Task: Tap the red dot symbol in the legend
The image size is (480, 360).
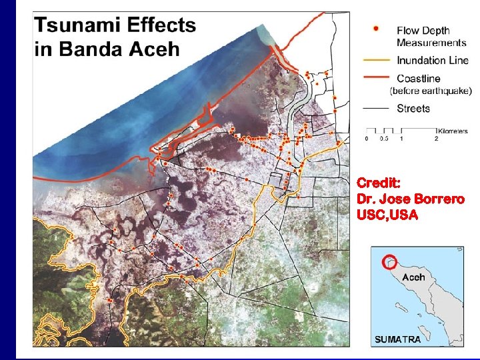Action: click(377, 29)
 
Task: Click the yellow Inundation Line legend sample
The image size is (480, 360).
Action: click(377, 60)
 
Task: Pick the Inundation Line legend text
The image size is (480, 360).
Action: click(431, 60)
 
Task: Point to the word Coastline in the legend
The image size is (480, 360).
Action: click(418, 79)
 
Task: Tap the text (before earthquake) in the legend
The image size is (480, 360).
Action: click(430, 91)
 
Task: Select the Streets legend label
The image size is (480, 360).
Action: click(413, 109)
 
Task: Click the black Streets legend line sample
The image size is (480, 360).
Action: click(377, 109)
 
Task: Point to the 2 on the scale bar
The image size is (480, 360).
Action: click(436, 139)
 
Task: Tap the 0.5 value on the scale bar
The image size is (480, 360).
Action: click(383, 139)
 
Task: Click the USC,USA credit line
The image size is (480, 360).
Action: click(387, 215)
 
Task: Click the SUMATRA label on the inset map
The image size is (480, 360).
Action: click(398, 339)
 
